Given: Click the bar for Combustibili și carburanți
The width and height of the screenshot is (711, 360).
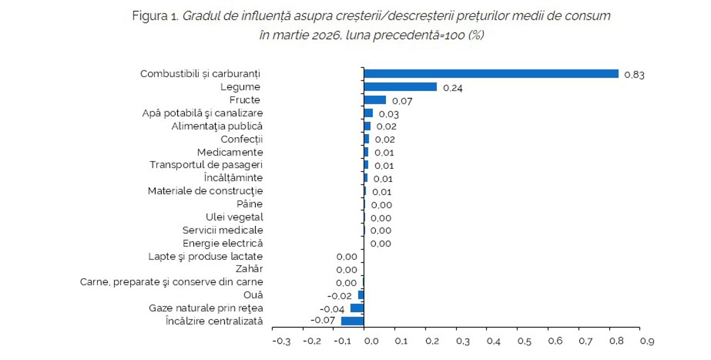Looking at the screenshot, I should tap(491, 74).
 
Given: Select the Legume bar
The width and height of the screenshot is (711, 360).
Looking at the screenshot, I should tap(400, 87).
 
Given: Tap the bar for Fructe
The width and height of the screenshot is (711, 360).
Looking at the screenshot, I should tap(374, 100).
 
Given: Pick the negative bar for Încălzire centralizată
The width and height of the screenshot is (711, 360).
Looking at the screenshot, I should tap(352, 321).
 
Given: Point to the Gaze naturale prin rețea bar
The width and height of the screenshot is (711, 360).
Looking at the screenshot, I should tap(357, 308).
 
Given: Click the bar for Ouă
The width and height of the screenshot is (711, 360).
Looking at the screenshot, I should tap(360, 295).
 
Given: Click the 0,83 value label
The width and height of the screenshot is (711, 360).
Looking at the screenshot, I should tap(634, 75).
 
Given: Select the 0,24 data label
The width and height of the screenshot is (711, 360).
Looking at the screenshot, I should tap(453, 88).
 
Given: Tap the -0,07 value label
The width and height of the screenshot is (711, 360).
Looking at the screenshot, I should tap(322, 321).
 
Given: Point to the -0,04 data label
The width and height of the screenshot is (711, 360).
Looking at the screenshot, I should tap(332, 308).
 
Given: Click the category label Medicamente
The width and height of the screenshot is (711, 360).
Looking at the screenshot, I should tap(230, 152).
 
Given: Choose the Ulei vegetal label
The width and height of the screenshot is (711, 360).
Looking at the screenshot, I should tap(234, 217).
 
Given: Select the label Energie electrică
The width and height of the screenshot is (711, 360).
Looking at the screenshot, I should tap(223, 243).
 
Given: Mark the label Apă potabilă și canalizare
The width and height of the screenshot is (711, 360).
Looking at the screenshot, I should tap(202, 113).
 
